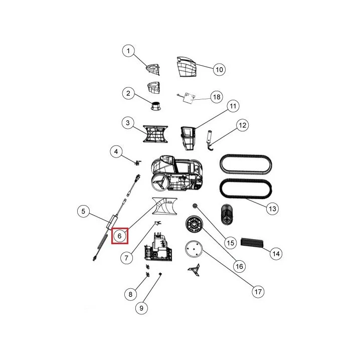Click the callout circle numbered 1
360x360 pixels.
coord(128,51)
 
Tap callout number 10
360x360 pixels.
coord(219,70)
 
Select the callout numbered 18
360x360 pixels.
coord(217,97)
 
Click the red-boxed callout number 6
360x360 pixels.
coord(120,236)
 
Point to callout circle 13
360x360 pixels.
coord(272,209)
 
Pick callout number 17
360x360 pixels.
coord(258,292)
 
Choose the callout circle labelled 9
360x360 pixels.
coord(141,308)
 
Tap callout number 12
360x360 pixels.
coord(243,125)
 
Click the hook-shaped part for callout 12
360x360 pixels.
coord(210,140)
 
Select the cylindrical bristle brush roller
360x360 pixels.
coord(227,214)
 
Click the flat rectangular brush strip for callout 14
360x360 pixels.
coord(252,243)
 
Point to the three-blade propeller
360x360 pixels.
coord(194,270)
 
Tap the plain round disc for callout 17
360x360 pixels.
coord(194,249)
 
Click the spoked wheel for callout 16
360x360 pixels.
coord(194,224)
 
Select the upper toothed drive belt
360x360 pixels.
coord(246,165)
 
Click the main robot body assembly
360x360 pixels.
coord(177,173)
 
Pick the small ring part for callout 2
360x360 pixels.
coord(155,106)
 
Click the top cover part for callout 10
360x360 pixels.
coord(187,67)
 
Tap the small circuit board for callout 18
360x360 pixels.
coord(188,97)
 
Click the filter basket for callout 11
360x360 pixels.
coord(188,138)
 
